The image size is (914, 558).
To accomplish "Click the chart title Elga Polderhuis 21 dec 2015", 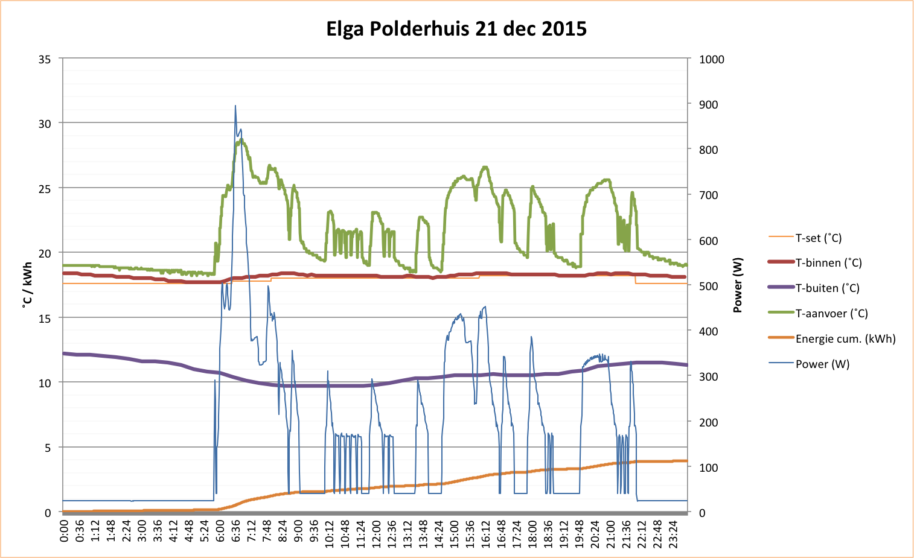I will click(x=456, y=28).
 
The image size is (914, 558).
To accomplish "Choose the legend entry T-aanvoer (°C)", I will click(x=831, y=314).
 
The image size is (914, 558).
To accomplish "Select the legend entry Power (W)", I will click(x=822, y=364).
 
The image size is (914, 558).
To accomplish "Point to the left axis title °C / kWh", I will click(x=27, y=285).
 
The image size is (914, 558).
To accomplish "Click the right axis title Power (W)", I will click(x=737, y=285).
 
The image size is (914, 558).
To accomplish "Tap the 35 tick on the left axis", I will click(x=45, y=59).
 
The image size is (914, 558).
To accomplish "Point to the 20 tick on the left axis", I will click(x=45, y=253).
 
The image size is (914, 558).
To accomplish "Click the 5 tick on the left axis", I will click(x=48, y=448).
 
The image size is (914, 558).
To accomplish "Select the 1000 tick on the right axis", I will click(x=712, y=59).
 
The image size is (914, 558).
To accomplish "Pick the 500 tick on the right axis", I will click(x=709, y=286).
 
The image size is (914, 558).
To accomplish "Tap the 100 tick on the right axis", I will click(x=709, y=468).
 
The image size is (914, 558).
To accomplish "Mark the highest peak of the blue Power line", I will click(x=235, y=106).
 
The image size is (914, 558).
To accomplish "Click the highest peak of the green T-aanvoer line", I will click(x=241, y=140).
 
